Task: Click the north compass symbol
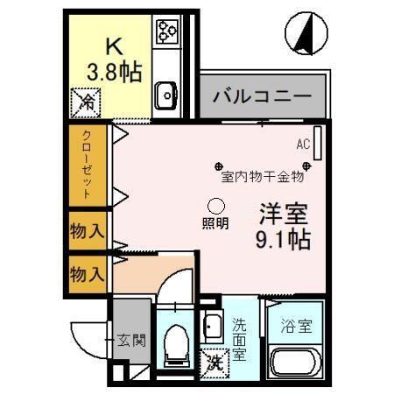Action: [x=306, y=34]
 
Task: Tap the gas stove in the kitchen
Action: [x=166, y=32]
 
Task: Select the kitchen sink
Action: [x=166, y=92]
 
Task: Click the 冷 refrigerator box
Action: [x=87, y=103]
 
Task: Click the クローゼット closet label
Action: [x=87, y=164]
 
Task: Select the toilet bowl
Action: [x=177, y=344]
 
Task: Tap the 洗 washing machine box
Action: [x=214, y=359]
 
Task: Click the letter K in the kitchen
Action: [x=112, y=46]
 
